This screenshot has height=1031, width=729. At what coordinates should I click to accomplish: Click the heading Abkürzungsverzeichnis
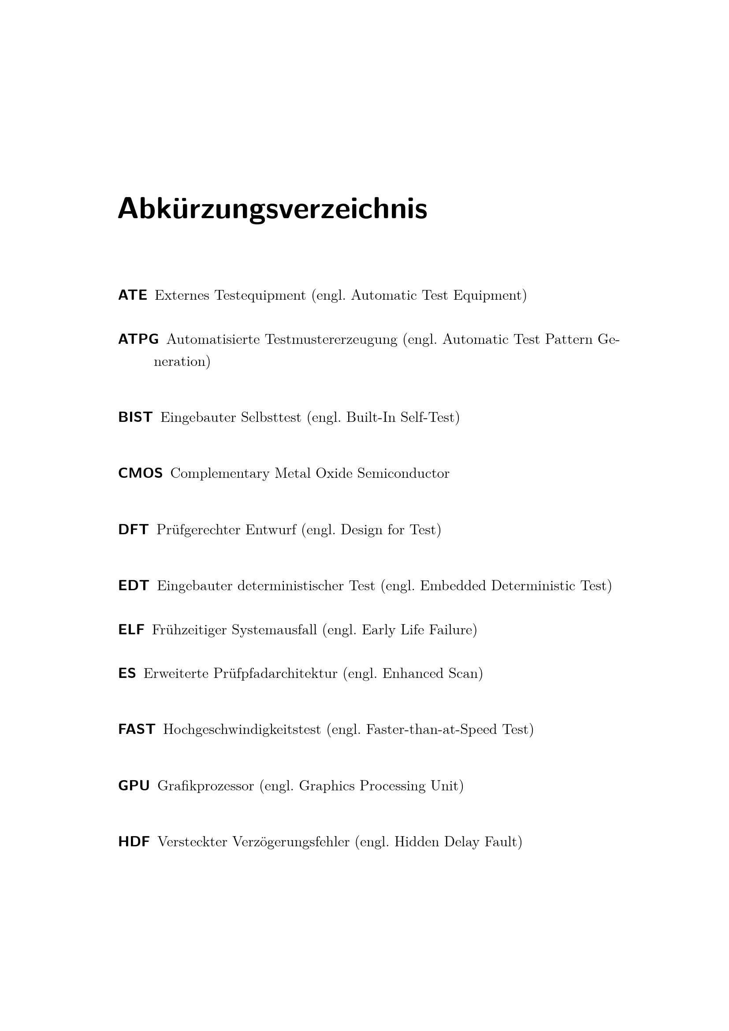[272, 209]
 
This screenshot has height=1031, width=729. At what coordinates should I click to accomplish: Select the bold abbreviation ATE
[132, 295]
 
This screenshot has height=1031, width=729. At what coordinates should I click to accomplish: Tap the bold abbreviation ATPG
[138, 339]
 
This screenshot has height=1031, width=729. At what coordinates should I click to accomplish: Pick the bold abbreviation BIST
[135, 417]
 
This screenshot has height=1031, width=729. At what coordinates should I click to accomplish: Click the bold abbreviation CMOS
[140, 473]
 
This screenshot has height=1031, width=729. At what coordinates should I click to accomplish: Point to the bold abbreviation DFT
[133, 530]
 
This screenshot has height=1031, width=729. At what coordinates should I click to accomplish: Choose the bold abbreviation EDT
[133, 586]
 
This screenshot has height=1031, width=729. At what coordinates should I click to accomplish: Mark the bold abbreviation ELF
[131, 630]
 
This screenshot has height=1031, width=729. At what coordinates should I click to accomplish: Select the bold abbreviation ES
[127, 674]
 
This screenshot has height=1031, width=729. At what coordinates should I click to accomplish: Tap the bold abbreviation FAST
[137, 730]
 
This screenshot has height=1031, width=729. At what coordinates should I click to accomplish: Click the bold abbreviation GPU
[134, 786]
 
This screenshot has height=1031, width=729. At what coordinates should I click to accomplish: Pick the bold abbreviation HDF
[134, 842]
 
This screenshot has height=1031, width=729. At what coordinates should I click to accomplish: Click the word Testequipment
[260, 296]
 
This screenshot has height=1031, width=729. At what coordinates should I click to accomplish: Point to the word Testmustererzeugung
[331, 340]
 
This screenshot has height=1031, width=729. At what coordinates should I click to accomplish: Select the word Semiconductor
[403, 474]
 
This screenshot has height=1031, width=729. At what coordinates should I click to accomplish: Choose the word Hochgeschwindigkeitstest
[242, 730]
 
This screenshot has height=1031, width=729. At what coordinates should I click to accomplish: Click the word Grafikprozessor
[205, 786]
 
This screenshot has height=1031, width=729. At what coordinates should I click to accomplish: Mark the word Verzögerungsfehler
[290, 842]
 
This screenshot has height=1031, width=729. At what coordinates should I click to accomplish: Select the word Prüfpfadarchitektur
[275, 674]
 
